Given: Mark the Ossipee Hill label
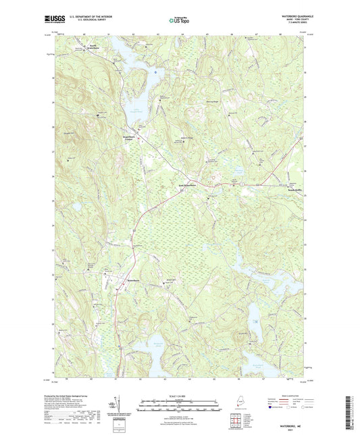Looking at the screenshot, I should [70, 132].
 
